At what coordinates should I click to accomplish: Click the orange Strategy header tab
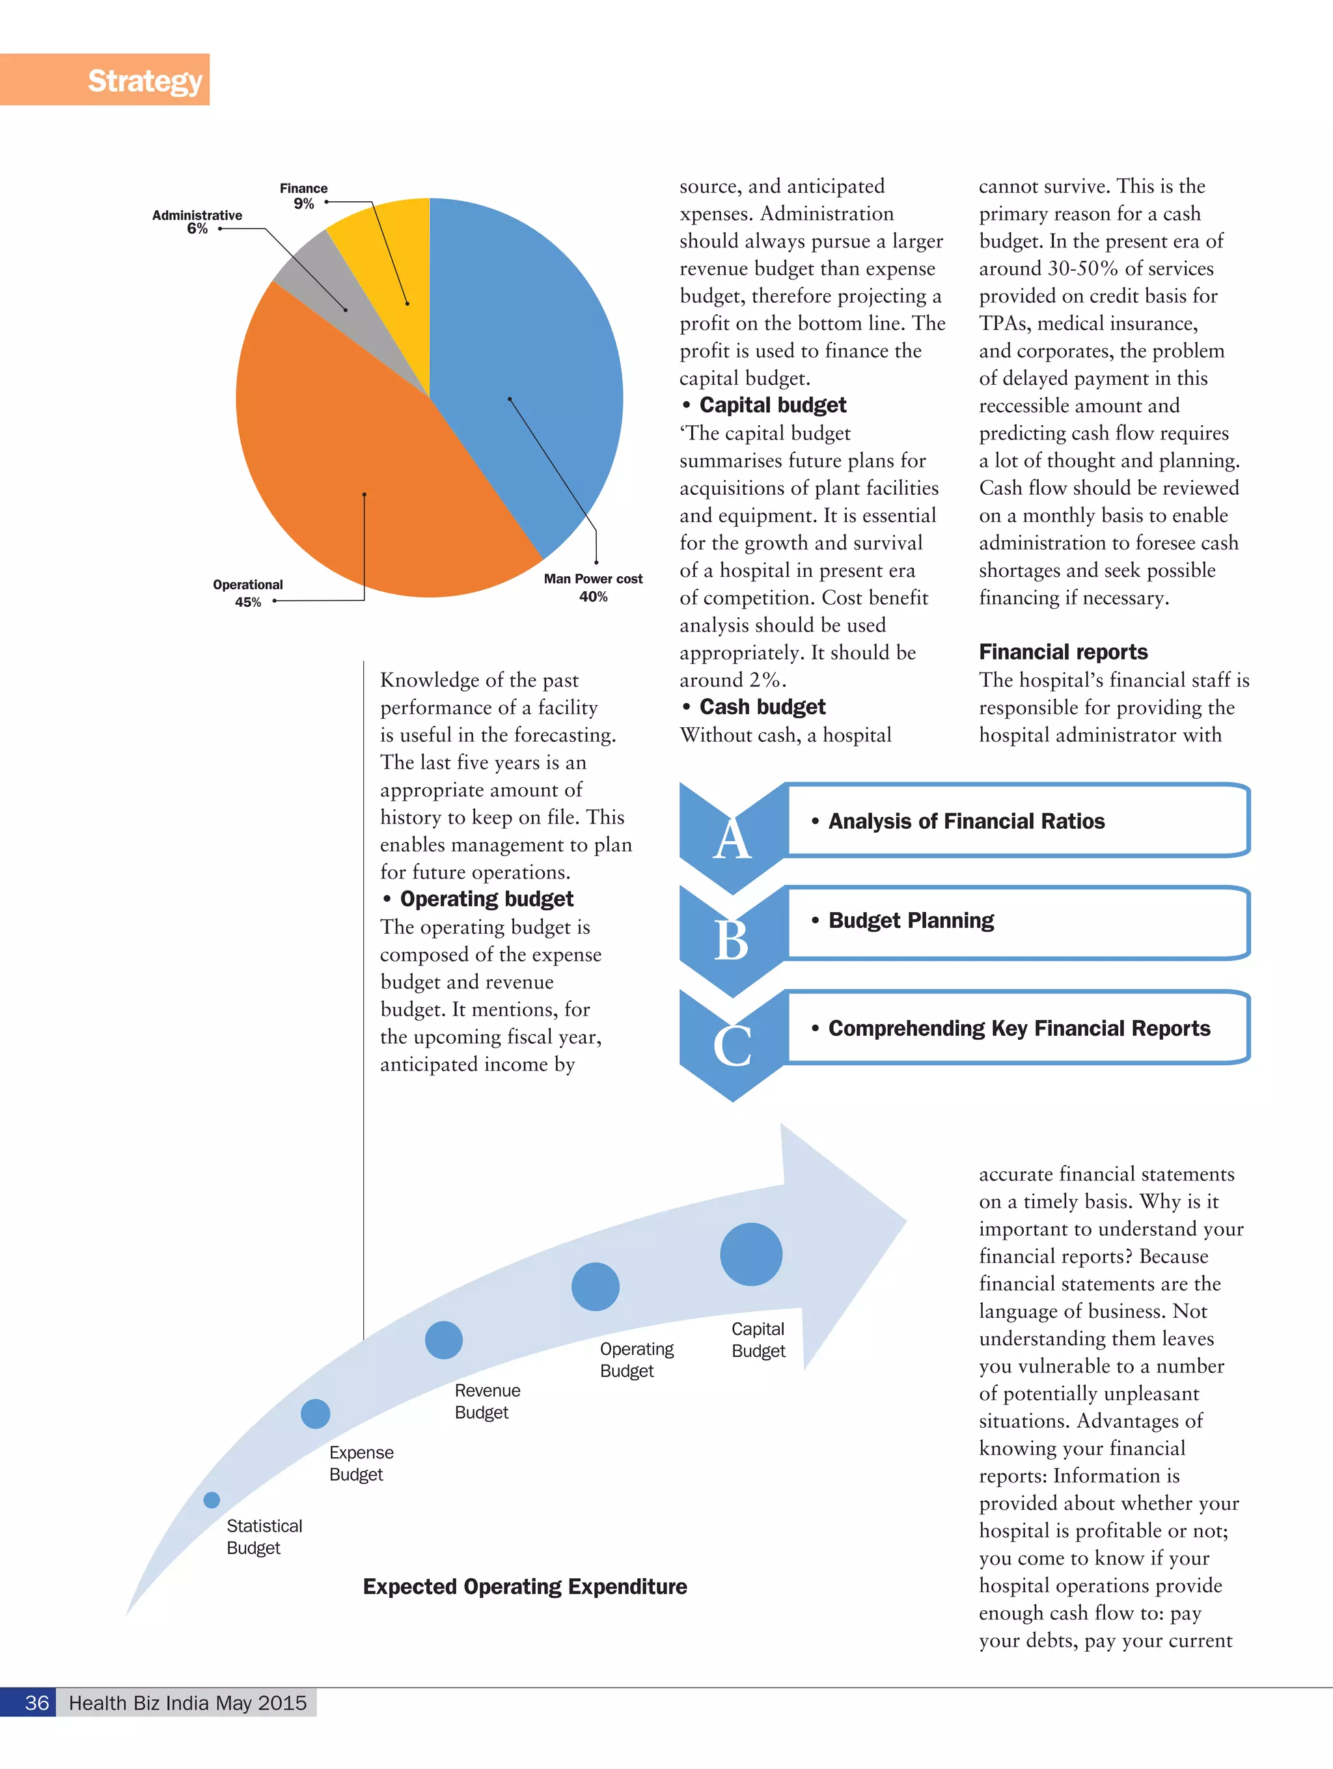[x=105, y=80]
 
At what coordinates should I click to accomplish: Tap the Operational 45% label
[x=247, y=593]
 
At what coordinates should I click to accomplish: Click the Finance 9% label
[x=303, y=196]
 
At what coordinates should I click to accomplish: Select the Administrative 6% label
[x=197, y=221]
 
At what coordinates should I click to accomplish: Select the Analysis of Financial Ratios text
[x=966, y=821]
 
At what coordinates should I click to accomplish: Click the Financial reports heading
[x=1063, y=652]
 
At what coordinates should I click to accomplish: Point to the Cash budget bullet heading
[x=762, y=707]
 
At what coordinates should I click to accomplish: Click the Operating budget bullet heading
[x=486, y=899]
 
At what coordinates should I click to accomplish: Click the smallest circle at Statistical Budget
[x=211, y=1499]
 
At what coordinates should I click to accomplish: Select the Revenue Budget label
[x=486, y=1401]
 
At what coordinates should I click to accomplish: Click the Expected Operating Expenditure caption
[x=525, y=1587]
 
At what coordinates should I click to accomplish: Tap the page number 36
[x=37, y=1703]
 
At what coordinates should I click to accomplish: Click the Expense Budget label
[x=361, y=1463]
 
